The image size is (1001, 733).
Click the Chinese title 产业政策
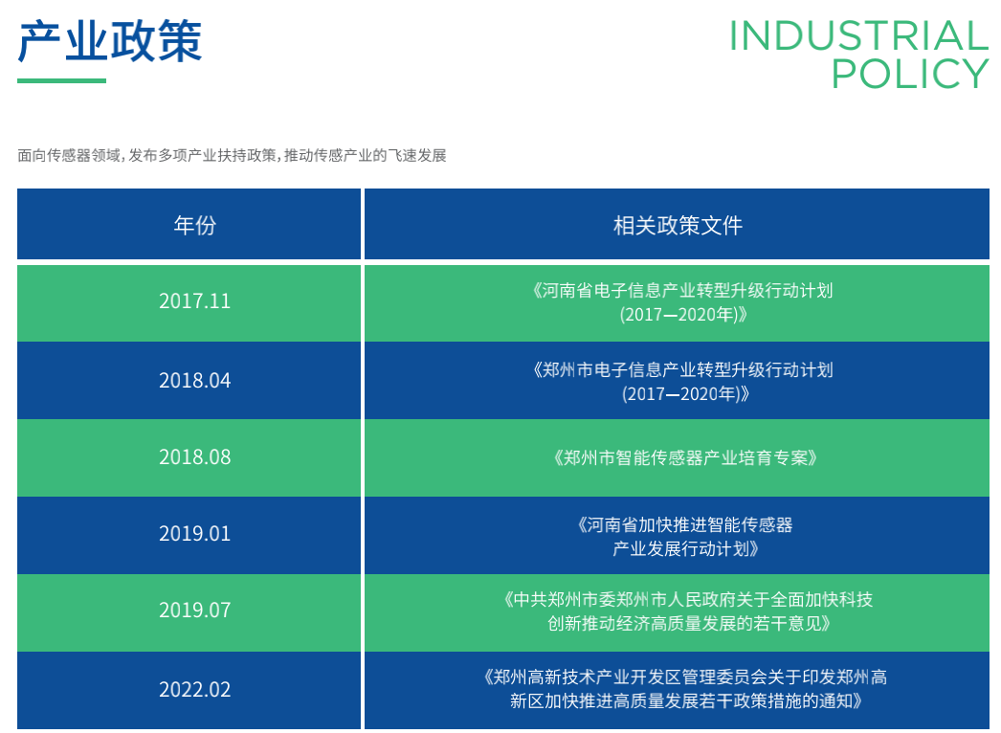point(110,41)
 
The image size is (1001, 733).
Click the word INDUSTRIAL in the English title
point(857,36)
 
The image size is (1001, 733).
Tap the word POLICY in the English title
point(909,74)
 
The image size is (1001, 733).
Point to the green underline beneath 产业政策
point(61,80)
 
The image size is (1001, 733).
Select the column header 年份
point(194,225)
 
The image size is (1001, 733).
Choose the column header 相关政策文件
point(677,225)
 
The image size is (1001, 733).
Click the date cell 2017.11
point(194,300)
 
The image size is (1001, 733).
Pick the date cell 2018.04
point(194,380)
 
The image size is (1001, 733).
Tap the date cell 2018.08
point(194,456)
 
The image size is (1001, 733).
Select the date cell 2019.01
point(194,533)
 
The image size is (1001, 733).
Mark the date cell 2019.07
point(194,610)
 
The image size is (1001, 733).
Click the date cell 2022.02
point(194,689)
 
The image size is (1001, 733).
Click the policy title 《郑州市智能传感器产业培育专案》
point(685,457)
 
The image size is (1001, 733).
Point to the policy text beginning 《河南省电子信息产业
point(682,290)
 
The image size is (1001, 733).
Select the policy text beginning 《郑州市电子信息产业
point(682,369)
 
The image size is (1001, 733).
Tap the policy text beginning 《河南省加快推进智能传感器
point(685,524)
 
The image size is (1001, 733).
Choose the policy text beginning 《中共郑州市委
point(687,600)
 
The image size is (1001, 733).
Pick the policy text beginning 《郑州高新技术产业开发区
point(685,677)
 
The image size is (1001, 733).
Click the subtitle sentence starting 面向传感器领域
point(232,155)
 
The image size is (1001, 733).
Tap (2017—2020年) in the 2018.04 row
point(685,393)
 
